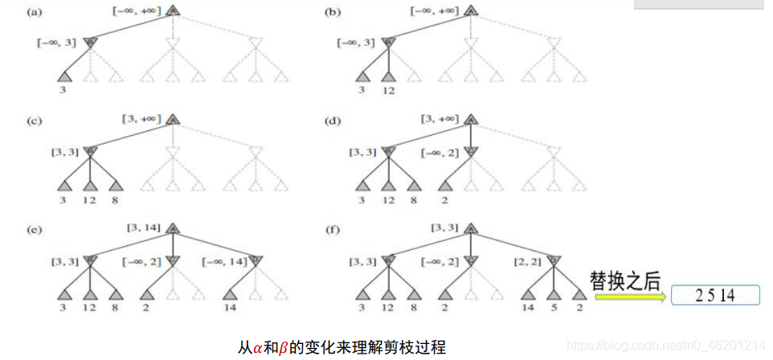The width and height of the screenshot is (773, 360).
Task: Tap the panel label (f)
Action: click(330, 231)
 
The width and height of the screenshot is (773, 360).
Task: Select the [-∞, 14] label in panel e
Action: click(225, 261)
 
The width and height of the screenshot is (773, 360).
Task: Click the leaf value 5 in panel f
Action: click(552, 308)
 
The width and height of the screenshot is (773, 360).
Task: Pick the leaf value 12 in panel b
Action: click(390, 91)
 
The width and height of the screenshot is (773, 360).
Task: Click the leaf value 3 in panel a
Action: click(62, 91)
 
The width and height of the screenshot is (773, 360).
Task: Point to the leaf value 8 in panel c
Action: click(115, 199)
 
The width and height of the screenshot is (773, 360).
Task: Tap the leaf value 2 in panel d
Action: click(444, 199)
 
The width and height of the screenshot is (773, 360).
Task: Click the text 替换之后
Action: click(624, 280)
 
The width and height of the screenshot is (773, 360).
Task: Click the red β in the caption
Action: click(282, 347)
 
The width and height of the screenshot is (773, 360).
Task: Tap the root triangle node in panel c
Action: click(172, 120)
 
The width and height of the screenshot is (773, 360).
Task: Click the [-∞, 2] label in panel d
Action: click(440, 152)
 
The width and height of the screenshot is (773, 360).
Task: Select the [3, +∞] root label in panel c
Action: click(141, 119)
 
